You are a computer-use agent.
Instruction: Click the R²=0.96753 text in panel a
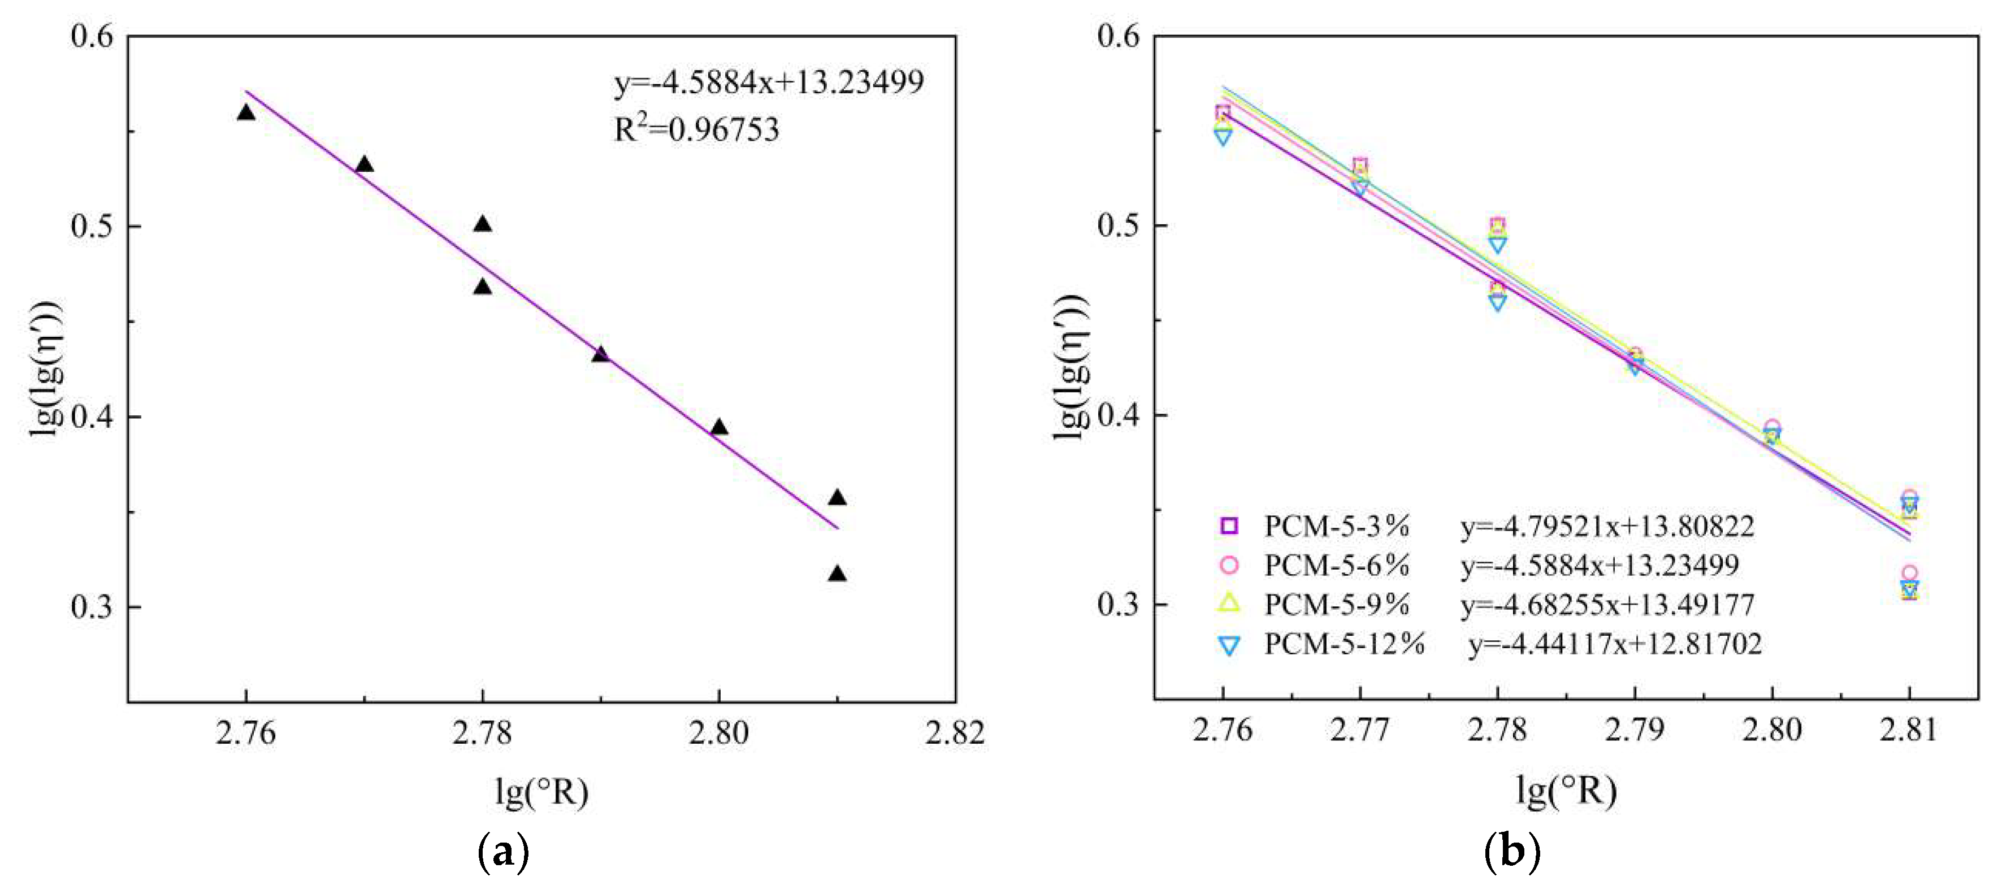(696, 129)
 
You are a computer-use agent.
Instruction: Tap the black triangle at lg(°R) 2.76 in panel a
(246, 113)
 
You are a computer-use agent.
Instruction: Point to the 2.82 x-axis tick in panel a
(955, 732)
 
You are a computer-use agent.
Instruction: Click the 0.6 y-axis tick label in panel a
(92, 36)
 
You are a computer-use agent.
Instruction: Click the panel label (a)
(504, 852)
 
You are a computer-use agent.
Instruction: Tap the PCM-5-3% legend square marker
(1229, 526)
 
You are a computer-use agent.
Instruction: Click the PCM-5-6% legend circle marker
(1229, 565)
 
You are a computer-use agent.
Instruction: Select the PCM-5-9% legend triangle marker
(1229, 603)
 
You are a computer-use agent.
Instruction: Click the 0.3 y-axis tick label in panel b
(1117, 604)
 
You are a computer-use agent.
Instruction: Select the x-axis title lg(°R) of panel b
(1566, 791)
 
